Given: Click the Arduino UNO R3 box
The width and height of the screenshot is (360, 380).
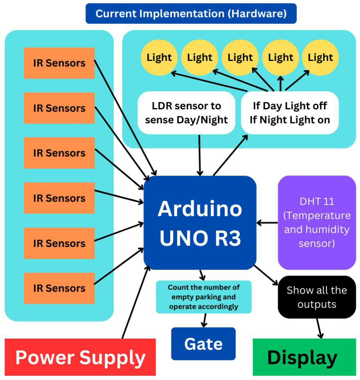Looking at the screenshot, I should click(x=200, y=223).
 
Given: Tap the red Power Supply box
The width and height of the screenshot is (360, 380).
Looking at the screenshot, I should click(x=80, y=357).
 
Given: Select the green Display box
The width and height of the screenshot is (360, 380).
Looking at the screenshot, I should click(x=304, y=357).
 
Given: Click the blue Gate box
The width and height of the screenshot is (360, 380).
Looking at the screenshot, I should click(x=203, y=344).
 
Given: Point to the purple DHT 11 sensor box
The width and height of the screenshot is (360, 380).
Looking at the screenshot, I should click(x=317, y=222).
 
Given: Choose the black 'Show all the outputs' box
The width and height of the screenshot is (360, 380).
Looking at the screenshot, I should click(x=317, y=297).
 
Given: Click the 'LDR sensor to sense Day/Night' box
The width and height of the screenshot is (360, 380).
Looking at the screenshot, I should click(x=186, y=113).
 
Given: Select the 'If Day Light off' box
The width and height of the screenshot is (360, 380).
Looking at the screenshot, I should click(x=290, y=113).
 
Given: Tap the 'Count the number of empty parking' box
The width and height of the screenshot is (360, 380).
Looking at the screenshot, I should click(x=203, y=297).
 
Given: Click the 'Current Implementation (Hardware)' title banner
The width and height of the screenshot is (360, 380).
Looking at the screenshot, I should click(x=191, y=14).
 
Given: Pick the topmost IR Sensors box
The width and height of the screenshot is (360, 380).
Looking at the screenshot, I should click(x=59, y=63).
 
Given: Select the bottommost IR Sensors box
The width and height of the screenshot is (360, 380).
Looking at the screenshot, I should click(x=59, y=288).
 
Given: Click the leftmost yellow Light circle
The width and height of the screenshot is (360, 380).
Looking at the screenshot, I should click(x=159, y=58).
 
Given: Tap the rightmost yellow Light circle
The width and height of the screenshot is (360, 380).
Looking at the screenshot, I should click(x=320, y=58).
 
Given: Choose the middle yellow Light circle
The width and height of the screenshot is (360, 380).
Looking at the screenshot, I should click(x=240, y=58).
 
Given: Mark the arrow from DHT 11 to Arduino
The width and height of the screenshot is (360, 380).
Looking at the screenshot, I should click(x=267, y=223).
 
